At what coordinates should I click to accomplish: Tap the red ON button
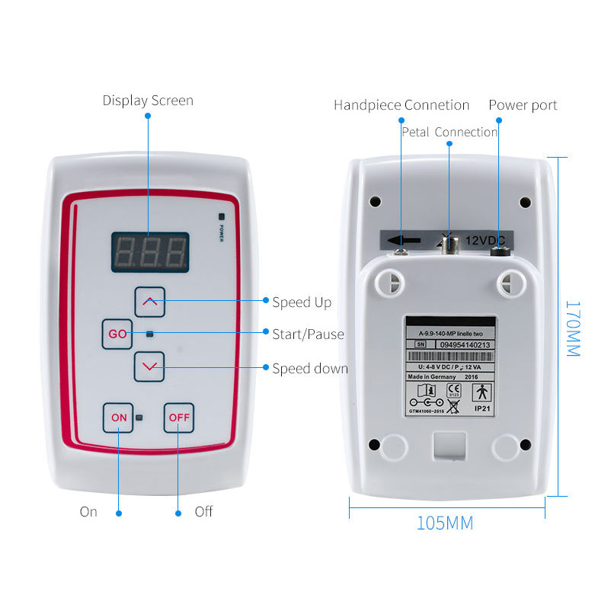[119, 417]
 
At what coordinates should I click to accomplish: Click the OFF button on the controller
[179, 417]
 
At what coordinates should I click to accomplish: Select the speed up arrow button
[149, 302]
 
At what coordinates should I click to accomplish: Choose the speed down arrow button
[149, 366]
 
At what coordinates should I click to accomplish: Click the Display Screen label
[148, 101]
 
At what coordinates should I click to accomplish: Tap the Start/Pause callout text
[308, 334]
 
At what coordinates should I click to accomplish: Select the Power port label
[523, 105]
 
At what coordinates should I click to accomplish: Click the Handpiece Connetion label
[401, 105]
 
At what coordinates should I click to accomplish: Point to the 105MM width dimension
[444, 523]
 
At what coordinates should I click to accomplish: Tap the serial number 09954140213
[465, 344]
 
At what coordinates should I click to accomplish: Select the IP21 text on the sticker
[483, 408]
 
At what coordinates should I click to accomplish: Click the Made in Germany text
[432, 376]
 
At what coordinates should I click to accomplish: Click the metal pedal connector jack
[449, 243]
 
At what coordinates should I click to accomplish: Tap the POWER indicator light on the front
[221, 216]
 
